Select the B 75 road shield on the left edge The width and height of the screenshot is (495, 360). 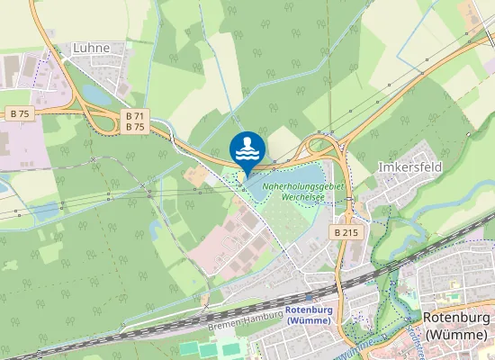[20, 113]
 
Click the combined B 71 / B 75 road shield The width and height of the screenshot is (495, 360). [136, 121]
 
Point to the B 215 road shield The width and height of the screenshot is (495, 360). [346, 232]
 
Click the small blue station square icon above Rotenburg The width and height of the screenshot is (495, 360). [309, 297]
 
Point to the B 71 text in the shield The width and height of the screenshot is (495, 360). [136, 116]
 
